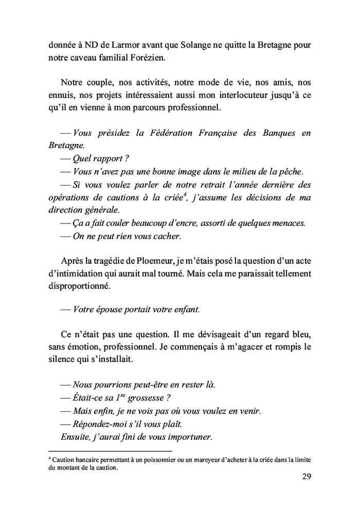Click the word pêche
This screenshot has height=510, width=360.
294,171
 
